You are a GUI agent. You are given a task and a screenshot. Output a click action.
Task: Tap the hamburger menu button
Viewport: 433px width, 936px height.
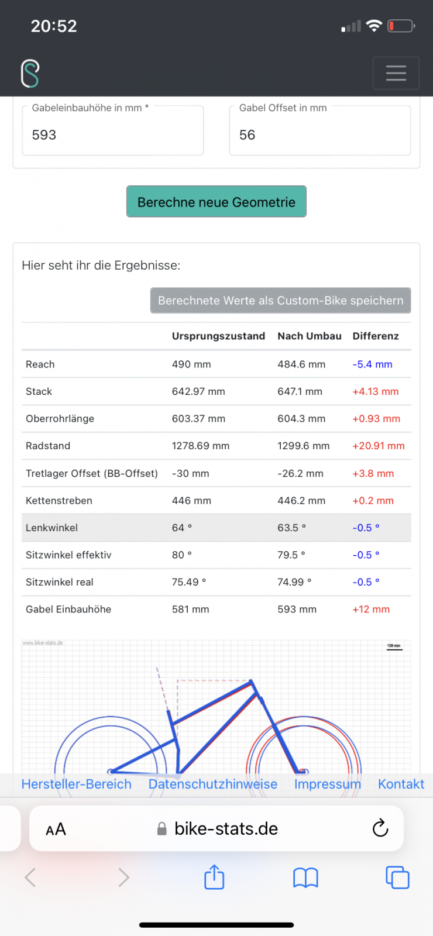[396, 73]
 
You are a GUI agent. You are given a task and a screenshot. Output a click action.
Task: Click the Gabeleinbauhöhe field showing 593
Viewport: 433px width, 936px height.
[113, 135]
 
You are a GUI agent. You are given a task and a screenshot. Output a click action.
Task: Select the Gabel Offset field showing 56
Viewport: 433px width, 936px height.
[320, 135]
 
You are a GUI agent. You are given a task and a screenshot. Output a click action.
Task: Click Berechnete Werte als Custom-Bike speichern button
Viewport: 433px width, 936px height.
[281, 301]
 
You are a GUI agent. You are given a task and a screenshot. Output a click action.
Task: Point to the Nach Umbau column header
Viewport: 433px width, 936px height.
[310, 336]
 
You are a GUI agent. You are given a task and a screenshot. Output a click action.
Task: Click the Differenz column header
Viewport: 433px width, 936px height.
[376, 336]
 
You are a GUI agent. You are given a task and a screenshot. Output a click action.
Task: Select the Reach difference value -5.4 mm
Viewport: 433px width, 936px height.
[372, 364]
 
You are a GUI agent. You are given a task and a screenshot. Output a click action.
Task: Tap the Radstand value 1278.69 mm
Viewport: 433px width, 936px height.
[201, 446]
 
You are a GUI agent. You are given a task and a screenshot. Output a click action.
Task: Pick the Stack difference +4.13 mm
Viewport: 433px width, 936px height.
[375, 391]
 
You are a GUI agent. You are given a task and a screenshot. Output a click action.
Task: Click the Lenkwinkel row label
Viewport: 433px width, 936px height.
[52, 528]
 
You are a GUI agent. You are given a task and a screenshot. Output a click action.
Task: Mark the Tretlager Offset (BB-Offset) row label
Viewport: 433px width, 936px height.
[92, 473]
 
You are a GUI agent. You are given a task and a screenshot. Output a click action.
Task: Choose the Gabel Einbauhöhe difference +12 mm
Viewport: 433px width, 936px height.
[371, 610]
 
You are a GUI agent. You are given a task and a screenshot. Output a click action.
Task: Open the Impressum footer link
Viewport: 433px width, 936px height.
[328, 784]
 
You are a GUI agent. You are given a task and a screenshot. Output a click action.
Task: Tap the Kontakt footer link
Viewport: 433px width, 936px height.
[401, 784]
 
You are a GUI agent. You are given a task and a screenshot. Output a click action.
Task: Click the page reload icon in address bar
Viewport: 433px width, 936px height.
[380, 828]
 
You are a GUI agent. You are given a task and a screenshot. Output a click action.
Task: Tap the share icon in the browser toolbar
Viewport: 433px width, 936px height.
[214, 877]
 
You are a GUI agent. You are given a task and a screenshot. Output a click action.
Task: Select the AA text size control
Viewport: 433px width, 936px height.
[56, 829]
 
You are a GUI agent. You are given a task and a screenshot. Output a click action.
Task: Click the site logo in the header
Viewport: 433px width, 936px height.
[30, 74]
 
